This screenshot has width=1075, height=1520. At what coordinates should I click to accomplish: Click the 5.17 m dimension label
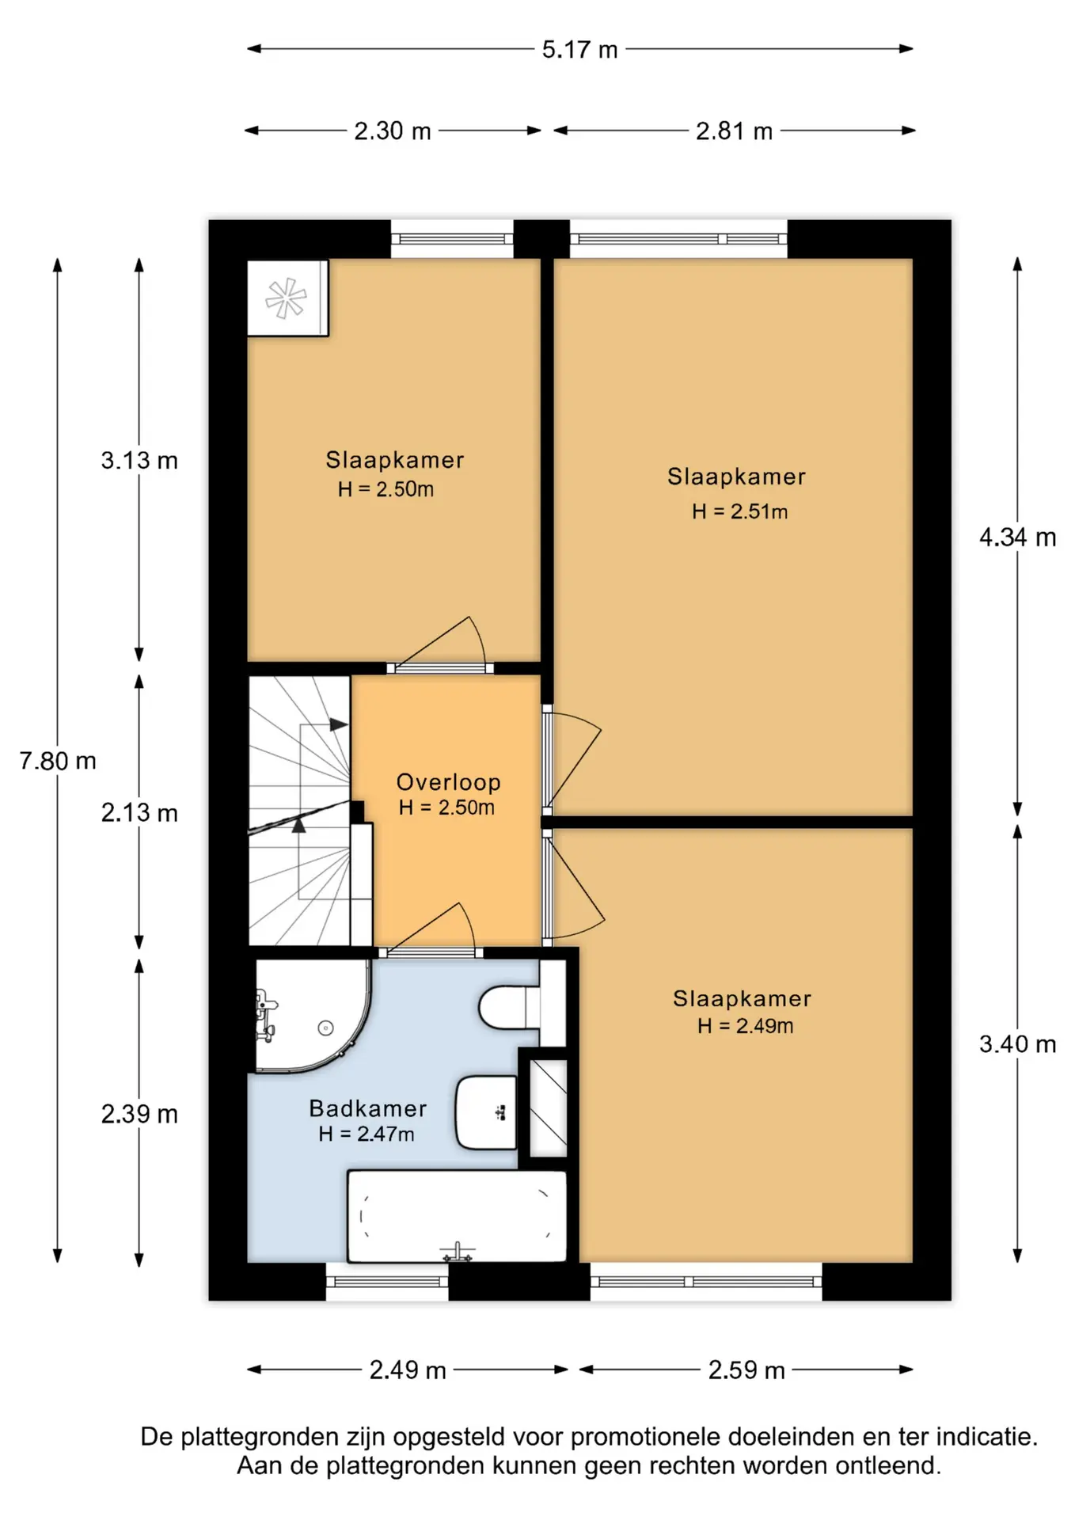[x=579, y=50]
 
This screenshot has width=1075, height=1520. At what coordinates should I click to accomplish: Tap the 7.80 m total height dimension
[x=58, y=761]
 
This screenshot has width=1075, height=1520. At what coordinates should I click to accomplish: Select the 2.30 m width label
[x=393, y=131]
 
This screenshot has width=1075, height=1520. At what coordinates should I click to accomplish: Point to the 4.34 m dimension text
[x=1017, y=538]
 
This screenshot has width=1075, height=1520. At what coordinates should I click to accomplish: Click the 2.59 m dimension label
[x=746, y=1370]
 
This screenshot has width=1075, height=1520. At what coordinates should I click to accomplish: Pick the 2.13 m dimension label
[x=139, y=812]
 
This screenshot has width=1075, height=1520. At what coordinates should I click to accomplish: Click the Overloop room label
[x=448, y=782]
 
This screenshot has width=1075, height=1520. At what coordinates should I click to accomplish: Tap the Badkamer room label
[x=368, y=1108]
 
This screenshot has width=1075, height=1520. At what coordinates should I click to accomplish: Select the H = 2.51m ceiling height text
[x=739, y=511]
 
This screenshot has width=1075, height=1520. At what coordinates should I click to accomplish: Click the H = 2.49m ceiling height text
[x=745, y=1026]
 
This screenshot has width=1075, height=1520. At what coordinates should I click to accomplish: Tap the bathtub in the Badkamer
[x=457, y=1216]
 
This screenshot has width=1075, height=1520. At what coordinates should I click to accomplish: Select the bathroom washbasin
[x=486, y=1112]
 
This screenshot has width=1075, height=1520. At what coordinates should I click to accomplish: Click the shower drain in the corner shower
[x=325, y=1028]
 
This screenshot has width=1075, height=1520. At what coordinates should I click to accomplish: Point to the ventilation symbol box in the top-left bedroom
[x=287, y=298]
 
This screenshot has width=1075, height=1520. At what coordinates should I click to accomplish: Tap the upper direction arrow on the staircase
[x=338, y=724]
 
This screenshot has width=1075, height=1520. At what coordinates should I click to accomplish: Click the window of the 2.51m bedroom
[x=678, y=238]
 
